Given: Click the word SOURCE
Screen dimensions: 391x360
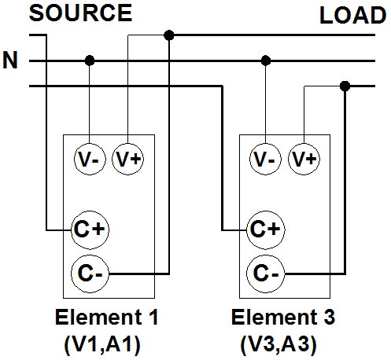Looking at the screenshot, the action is pyautogui.click(x=80, y=13).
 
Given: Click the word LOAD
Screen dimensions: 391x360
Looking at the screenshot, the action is pyautogui.click(x=352, y=15).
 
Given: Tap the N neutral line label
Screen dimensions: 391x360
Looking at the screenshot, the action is pyautogui.click(x=10, y=60).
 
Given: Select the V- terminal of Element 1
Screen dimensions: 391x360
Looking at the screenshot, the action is pyautogui.click(x=90, y=159).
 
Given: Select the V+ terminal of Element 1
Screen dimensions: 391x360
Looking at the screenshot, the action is pyautogui.click(x=128, y=159).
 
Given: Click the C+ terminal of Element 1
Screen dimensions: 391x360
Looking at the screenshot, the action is pyautogui.click(x=90, y=230).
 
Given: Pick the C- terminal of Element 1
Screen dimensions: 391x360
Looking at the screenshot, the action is pyautogui.click(x=90, y=274).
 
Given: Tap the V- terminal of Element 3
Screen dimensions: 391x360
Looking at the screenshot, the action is pyautogui.click(x=265, y=159).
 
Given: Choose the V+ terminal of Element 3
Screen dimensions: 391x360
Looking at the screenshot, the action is pyautogui.click(x=304, y=159).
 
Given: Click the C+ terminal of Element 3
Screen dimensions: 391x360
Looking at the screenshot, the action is pyautogui.click(x=266, y=230).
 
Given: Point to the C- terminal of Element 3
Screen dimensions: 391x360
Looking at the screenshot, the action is pyautogui.click(x=266, y=274).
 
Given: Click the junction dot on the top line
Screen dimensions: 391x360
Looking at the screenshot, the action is pyautogui.click(x=169, y=35).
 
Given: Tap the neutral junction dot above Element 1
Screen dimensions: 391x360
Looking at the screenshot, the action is pyautogui.click(x=90, y=61).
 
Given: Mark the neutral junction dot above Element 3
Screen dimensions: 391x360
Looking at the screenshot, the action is pyautogui.click(x=266, y=61).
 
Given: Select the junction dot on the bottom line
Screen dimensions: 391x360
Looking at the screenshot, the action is pyautogui.click(x=345, y=86).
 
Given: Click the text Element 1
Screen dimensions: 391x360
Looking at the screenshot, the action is pyautogui.click(x=106, y=317).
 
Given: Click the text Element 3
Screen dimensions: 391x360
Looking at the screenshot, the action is pyautogui.click(x=283, y=317).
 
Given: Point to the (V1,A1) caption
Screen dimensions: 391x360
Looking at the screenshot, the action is pyautogui.click(x=102, y=345).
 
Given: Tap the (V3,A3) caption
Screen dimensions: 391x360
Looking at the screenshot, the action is pyautogui.click(x=278, y=345).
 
